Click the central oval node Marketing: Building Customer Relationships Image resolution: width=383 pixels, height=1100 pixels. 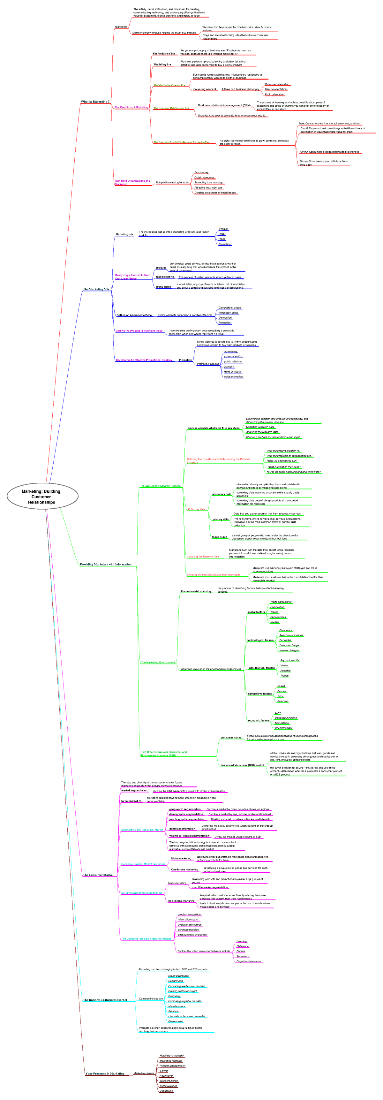tap(42, 496)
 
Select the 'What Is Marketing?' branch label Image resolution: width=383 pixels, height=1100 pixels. tap(95, 102)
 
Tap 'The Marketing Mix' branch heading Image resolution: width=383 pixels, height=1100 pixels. tap(96, 289)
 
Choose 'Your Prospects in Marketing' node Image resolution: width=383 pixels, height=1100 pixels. tap(105, 1073)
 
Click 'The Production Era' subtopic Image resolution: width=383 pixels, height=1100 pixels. tap(163, 54)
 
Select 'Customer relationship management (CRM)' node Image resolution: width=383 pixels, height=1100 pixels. tap(224, 105)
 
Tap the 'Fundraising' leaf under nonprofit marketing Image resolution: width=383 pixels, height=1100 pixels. tap(201, 172)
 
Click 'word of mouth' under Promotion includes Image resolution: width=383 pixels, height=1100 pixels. tap(232, 371)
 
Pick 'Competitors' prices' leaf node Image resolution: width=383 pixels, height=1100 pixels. tap(229, 307)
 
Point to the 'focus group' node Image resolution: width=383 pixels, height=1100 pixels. tap(220, 537)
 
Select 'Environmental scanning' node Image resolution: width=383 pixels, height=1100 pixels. tap(196, 591)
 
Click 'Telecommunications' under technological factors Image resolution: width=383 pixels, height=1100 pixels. tap(291, 635)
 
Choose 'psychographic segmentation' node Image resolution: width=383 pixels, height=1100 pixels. tap(187, 819)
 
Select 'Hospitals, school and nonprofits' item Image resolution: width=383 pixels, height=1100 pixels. tap(186, 1016)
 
